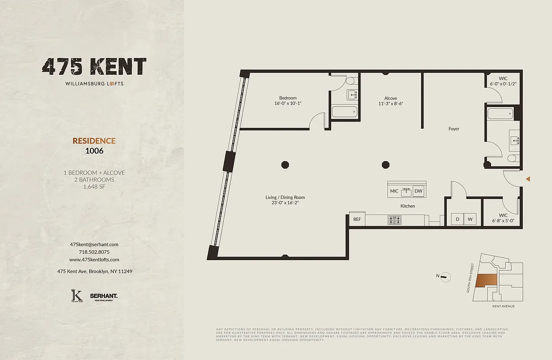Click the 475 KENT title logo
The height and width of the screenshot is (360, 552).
(x=94, y=67)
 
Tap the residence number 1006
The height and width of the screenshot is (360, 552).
(x=94, y=151)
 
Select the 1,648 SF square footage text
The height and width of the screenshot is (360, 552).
(x=94, y=187)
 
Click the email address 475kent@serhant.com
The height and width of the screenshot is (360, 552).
(x=94, y=244)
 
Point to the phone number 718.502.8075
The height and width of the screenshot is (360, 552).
(x=94, y=252)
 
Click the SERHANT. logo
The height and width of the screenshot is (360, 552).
(x=103, y=296)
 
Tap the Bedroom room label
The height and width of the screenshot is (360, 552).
(x=288, y=98)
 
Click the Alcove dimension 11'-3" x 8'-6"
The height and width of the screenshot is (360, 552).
(x=390, y=103)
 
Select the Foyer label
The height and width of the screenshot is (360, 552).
(x=454, y=129)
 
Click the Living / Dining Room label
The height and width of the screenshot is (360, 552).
(x=285, y=197)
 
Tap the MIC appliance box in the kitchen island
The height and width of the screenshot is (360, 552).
(x=394, y=191)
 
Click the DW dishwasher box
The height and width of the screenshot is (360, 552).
(x=418, y=191)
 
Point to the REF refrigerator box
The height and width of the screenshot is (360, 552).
(x=357, y=220)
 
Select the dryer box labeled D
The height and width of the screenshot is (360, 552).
(x=458, y=219)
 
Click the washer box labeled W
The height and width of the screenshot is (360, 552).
(x=470, y=219)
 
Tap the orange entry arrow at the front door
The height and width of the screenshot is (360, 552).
(x=528, y=179)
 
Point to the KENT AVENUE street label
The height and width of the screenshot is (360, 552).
(x=503, y=306)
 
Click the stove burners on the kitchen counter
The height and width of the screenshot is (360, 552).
(x=395, y=220)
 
